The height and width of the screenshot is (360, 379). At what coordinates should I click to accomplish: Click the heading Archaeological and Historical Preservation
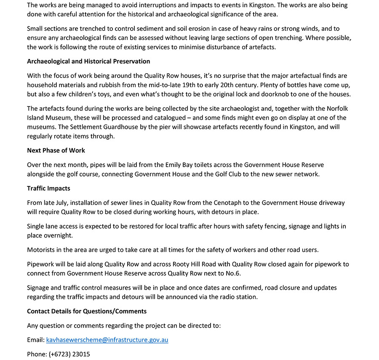(x=88, y=61)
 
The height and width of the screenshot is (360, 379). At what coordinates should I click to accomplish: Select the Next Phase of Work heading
(x=56, y=150)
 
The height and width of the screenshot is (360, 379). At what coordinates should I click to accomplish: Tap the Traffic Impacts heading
(x=48, y=188)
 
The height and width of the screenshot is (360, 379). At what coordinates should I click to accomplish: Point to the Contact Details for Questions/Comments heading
(x=87, y=311)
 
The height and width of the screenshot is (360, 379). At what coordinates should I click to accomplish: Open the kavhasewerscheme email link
(x=107, y=340)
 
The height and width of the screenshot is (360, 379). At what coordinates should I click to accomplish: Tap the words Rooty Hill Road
(x=196, y=264)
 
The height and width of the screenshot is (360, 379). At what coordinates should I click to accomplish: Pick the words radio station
(x=235, y=297)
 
